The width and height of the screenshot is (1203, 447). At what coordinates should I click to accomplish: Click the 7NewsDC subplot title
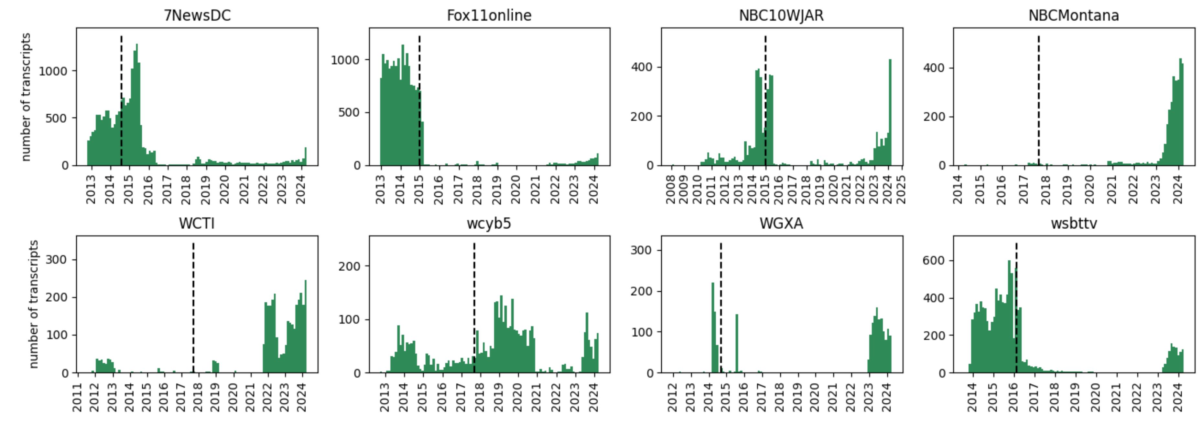tap(197, 16)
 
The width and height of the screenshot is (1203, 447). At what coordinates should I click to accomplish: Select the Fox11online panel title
tap(489, 16)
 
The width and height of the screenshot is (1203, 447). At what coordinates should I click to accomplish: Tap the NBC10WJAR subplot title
tap(781, 16)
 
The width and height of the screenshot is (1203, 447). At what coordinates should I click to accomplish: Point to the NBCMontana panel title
tap(1074, 16)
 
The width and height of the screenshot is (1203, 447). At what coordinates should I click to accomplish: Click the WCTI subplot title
tap(197, 224)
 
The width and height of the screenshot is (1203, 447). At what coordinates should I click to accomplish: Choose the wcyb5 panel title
tap(489, 224)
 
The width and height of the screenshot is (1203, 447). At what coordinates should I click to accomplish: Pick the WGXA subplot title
tap(781, 224)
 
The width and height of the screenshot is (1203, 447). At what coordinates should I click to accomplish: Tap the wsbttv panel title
tap(1074, 224)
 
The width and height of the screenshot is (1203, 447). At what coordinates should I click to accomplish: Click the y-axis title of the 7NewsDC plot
tap(26, 97)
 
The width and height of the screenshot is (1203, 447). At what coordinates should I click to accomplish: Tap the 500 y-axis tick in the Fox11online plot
tap(349, 112)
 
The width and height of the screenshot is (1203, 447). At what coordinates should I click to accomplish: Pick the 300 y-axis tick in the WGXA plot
tap(641, 250)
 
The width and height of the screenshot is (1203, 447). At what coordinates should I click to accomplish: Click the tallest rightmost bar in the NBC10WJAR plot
tap(890, 112)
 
